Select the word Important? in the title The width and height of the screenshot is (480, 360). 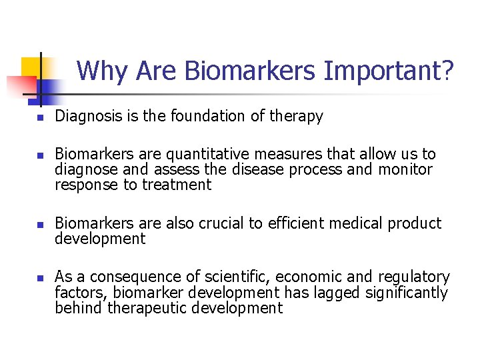click(389, 71)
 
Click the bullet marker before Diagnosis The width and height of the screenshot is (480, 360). click(39, 118)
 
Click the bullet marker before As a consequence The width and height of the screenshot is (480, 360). click(39, 278)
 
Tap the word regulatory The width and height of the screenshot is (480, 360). click(414, 277)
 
